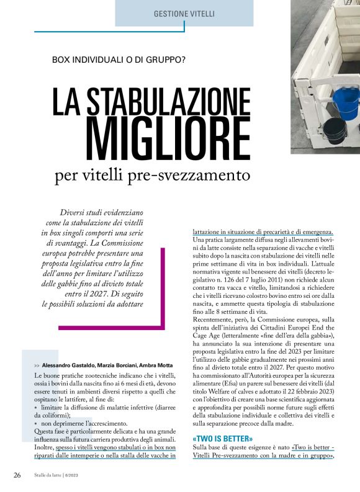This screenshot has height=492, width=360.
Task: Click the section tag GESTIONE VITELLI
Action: point(184,13)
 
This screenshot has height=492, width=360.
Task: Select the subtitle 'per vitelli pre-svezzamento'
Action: point(152,176)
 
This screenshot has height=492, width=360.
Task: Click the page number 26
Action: point(18,475)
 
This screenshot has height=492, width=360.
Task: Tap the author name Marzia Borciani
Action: point(117,366)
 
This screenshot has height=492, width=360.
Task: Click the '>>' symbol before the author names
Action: point(38,366)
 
